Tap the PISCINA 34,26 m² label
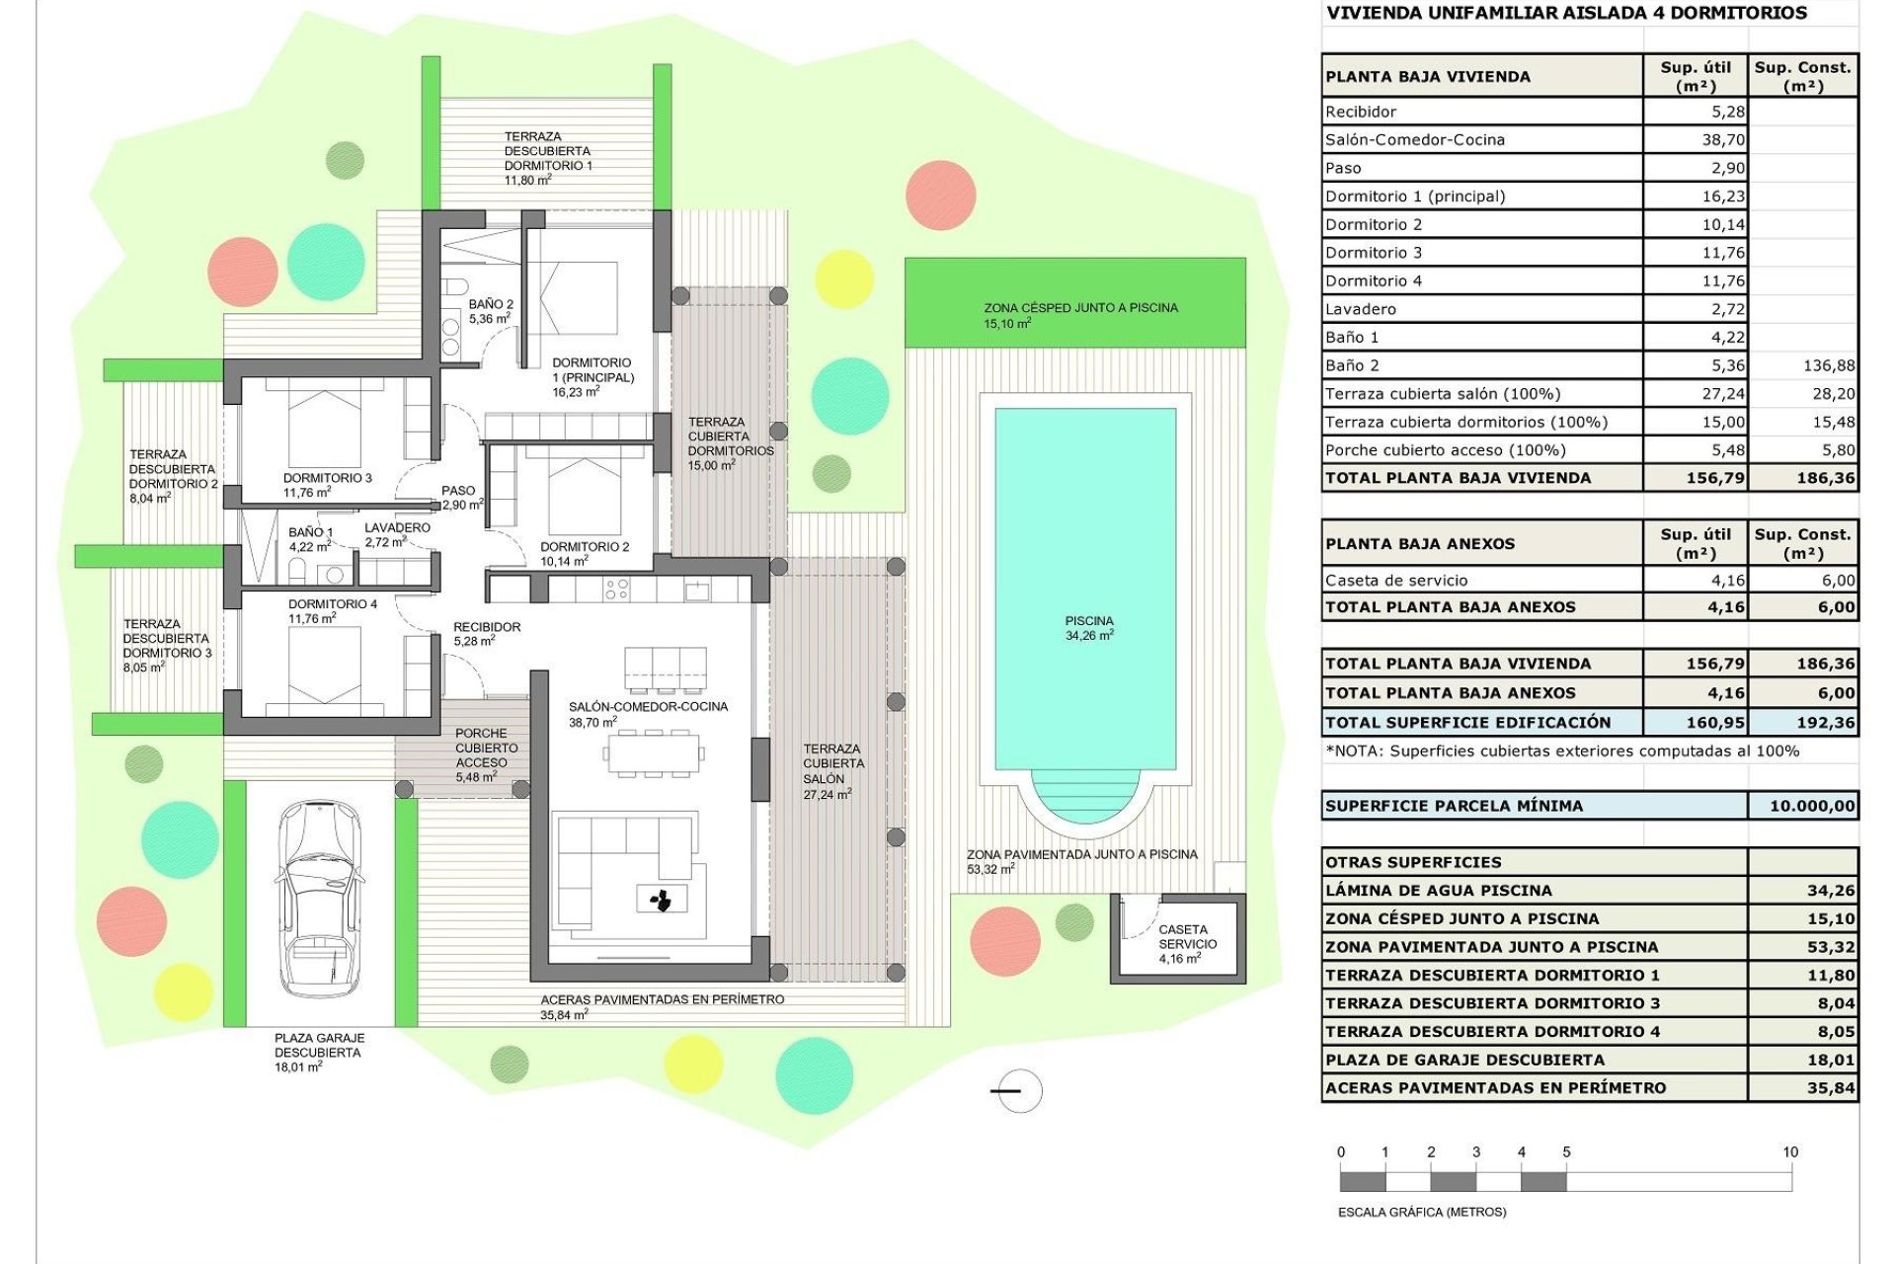(x=1088, y=628)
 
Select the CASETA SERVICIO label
(x=1184, y=943)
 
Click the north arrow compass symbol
(x=1018, y=1091)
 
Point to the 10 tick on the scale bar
(x=1790, y=1152)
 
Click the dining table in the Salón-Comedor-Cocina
(x=653, y=754)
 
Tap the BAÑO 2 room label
(x=490, y=311)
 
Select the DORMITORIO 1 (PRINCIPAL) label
(x=592, y=376)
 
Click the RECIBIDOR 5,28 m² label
(x=486, y=633)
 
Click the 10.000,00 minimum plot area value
(x=1811, y=806)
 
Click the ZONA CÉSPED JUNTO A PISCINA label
(x=1079, y=314)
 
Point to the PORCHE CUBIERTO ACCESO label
(x=485, y=754)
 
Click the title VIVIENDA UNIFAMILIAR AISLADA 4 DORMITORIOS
(x=1566, y=13)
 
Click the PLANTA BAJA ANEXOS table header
(x=1419, y=544)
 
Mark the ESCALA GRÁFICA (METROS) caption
(x=1421, y=1212)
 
